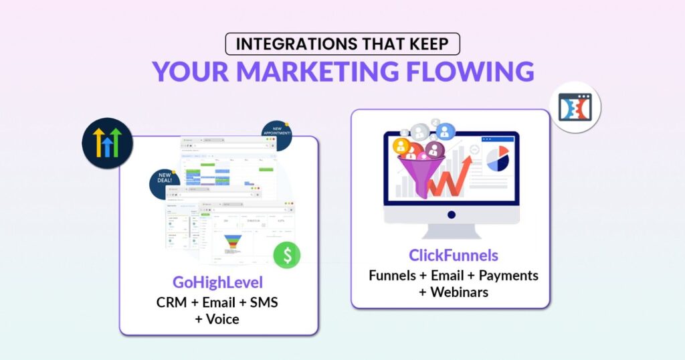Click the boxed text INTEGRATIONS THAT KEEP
click(342, 45)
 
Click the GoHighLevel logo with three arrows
click(107, 143)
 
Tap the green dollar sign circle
click(286, 254)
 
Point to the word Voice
click(223, 319)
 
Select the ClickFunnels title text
click(454, 256)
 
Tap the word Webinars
click(459, 292)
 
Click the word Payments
click(507, 275)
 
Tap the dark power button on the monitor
click(452, 215)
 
